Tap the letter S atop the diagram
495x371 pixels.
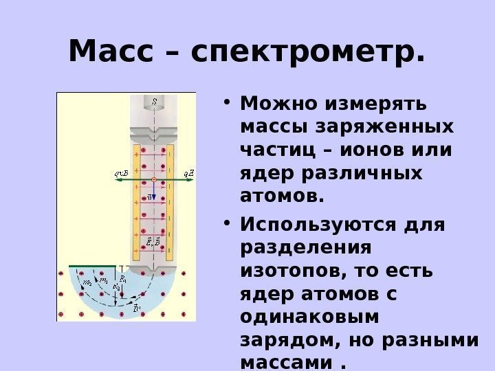[x=154, y=102]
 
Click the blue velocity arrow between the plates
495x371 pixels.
[x=154, y=191]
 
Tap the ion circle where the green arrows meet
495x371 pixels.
[x=154, y=179]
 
